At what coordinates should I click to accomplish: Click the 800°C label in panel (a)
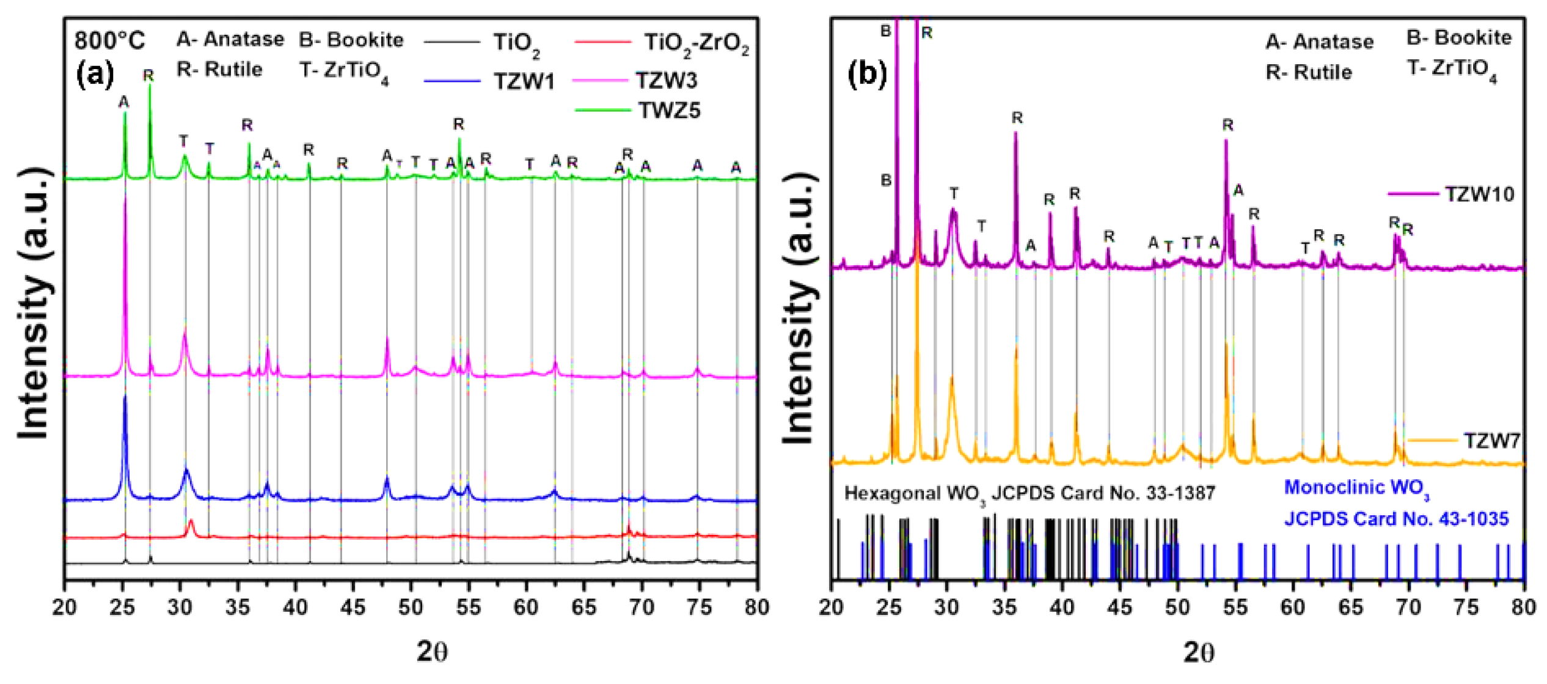pos(110,40)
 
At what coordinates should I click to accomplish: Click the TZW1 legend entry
pos(524,81)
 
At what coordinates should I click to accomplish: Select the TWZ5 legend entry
pos(669,111)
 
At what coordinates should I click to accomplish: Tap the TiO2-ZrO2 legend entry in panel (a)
pos(696,43)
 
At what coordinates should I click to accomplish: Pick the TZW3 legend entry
pos(666,81)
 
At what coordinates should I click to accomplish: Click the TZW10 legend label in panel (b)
pos(1479,194)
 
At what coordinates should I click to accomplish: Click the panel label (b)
pos(866,74)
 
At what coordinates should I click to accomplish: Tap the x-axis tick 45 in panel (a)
pos(353,607)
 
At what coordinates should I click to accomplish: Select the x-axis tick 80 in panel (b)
pos(1523,607)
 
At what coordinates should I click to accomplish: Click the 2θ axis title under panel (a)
pos(432,652)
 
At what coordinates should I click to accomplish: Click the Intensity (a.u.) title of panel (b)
pos(799,309)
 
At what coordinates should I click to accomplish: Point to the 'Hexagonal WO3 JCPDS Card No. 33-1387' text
pos(1030,493)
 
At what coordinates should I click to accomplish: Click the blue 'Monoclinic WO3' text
pos(1356,488)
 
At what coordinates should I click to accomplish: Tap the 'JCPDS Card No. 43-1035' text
pos(1396,519)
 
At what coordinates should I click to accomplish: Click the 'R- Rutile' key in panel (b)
pos(1309,72)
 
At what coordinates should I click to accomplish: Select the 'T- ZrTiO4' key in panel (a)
pos(343,71)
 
